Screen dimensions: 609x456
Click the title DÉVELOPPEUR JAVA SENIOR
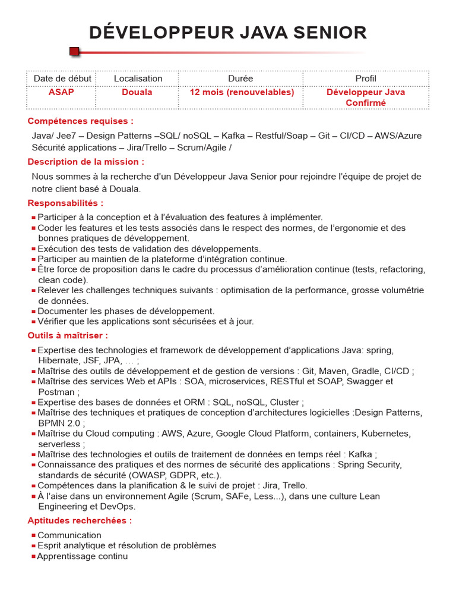pyautogui.click(x=228, y=33)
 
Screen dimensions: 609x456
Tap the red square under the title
pyautogui.click(x=74, y=52)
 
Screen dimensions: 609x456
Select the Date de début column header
pyautogui.click(x=62, y=79)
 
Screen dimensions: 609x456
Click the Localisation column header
pyautogui.click(x=138, y=79)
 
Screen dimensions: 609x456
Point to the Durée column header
pyautogui.click(x=240, y=79)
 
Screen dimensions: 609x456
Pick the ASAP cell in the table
pyautogui.click(x=61, y=92)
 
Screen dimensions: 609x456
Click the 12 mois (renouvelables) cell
pyautogui.click(x=242, y=92)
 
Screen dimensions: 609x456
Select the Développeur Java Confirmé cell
pyautogui.click(x=366, y=98)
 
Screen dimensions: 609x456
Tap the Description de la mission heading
pyautogui.click(x=85, y=162)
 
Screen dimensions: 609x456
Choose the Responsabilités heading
pyautogui.click(x=65, y=203)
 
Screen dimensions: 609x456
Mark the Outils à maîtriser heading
pyautogui.click(x=68, y=335)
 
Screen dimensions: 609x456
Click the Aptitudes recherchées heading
pyautogui.click(x=80, y=520)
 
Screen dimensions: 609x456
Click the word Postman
pyautogui.click(x=56, y=392)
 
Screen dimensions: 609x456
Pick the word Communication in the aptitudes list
pyautogui.click(x=69, y=535)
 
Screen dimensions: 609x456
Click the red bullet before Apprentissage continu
pyautogui.click(x=33, y=557)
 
